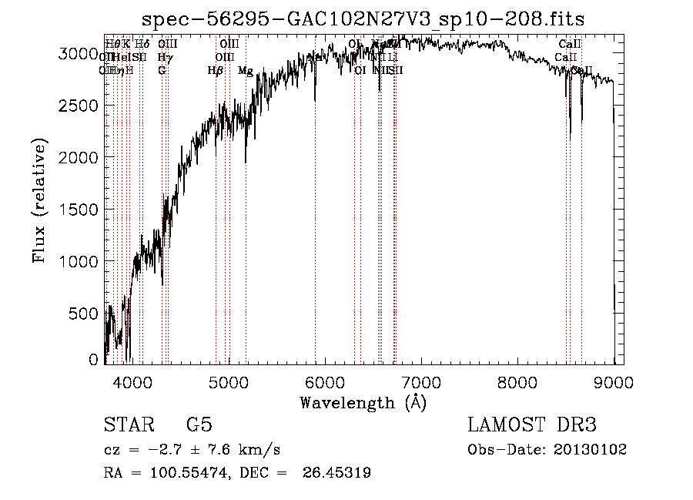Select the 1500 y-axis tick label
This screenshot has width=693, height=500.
tap(79, 209)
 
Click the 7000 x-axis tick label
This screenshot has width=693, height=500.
tap(420, 381)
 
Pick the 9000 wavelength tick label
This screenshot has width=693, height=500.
tap(613, 381)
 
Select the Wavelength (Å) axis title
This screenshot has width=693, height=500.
tap(363, 402)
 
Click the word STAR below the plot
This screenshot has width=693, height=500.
tap(128, 426)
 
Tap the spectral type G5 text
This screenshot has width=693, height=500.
tap(199, 426)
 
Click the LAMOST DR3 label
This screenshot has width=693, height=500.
tap(531, 426)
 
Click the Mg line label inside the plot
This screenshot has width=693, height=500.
tap(246, 71)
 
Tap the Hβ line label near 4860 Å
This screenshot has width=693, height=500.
tap(216, 71)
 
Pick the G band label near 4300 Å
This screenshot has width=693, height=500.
tap(162, 71)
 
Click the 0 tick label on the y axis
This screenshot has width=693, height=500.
tap(95, 359)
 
